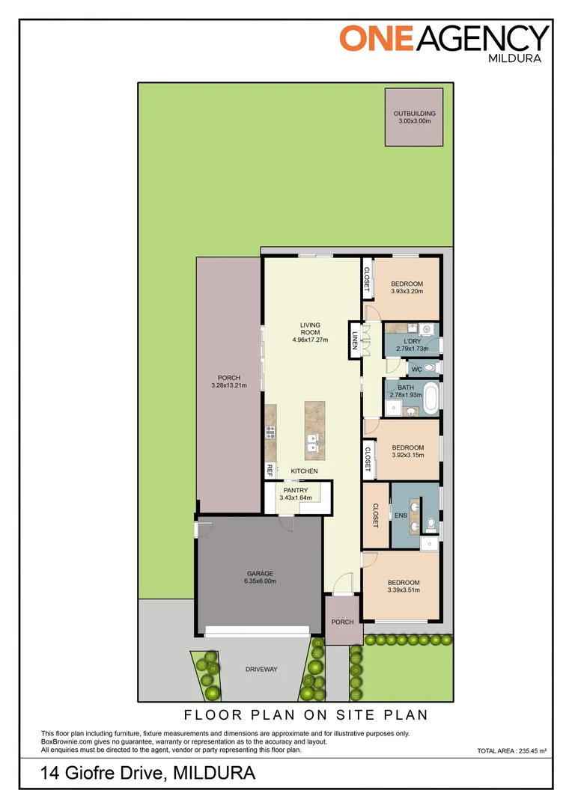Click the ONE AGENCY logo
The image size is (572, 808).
tap(443, 43)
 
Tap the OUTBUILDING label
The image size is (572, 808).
tap(414, 114)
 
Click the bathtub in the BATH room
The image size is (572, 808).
tap(430, 398)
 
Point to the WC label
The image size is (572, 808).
tap(417, 369)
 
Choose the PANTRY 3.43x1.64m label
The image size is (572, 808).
tap(296, 495)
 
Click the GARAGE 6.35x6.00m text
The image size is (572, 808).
tap(260, 577)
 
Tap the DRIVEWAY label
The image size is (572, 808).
tap(261, 669)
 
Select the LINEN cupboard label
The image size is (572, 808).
tap(355, 340)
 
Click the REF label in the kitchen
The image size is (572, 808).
tap(270, 470)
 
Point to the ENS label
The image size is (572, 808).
tap(401, 515)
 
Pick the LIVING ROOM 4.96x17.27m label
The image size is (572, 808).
tap(310, 332)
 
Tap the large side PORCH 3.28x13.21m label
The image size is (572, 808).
tap(229, 382)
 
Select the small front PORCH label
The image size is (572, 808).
tap(342, 622)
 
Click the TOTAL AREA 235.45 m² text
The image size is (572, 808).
tap(511, 751)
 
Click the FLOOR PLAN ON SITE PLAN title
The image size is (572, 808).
tap(306, 714)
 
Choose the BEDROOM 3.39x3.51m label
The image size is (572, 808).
tap(404, 587)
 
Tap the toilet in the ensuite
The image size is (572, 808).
tap(431, 524)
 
